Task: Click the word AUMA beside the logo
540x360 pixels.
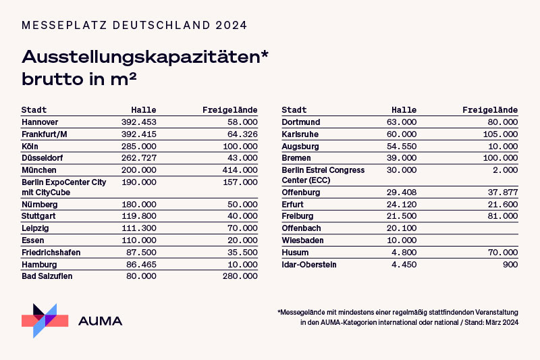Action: (101, 321)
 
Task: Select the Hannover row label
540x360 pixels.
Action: (40, 122)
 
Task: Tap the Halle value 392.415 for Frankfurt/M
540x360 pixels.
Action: (138, 134)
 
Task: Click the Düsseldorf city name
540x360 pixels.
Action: (42, 158)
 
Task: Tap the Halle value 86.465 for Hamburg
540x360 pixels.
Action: (141, 264)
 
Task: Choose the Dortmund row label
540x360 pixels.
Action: (301, 122)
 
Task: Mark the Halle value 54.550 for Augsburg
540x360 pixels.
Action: (402, 147)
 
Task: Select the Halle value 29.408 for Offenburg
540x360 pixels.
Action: (402, 192)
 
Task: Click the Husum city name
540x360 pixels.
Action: (294, 252)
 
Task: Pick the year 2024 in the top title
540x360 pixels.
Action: (232, 25)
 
